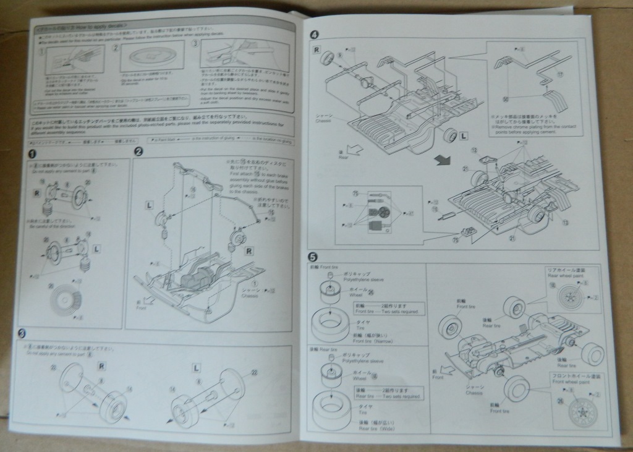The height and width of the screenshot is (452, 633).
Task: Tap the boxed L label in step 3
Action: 196,367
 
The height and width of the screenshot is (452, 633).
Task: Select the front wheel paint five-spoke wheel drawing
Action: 584,409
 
